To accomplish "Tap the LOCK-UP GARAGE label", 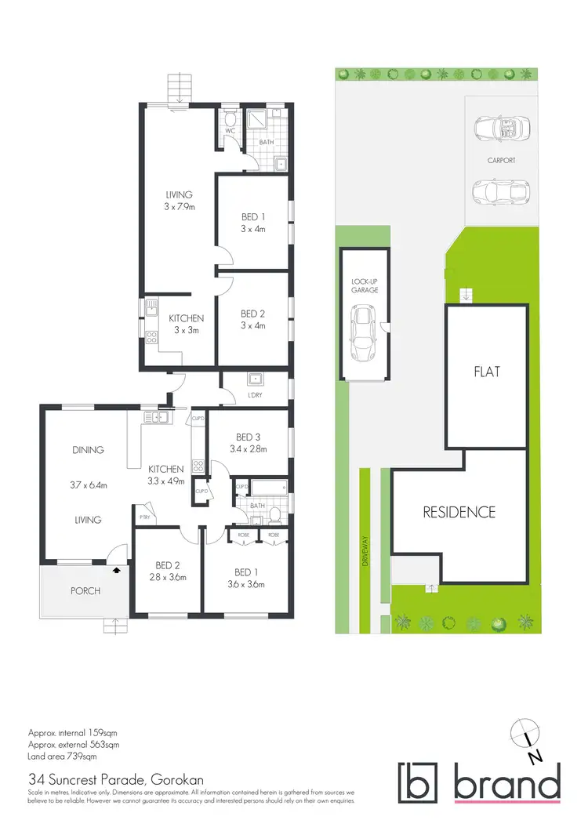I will point(365,285).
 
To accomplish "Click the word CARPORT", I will point(500,160).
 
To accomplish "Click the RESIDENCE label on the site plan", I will point(459,512).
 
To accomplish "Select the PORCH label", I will point(85,590).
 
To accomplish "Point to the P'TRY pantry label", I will point(145,517).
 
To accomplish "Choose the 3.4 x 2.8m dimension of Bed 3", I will point(248,449).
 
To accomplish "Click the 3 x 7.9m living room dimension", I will point(179,207).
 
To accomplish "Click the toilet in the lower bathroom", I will point(274,515).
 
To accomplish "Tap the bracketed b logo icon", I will point(421,782).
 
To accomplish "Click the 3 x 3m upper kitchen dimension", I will point(186,330).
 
